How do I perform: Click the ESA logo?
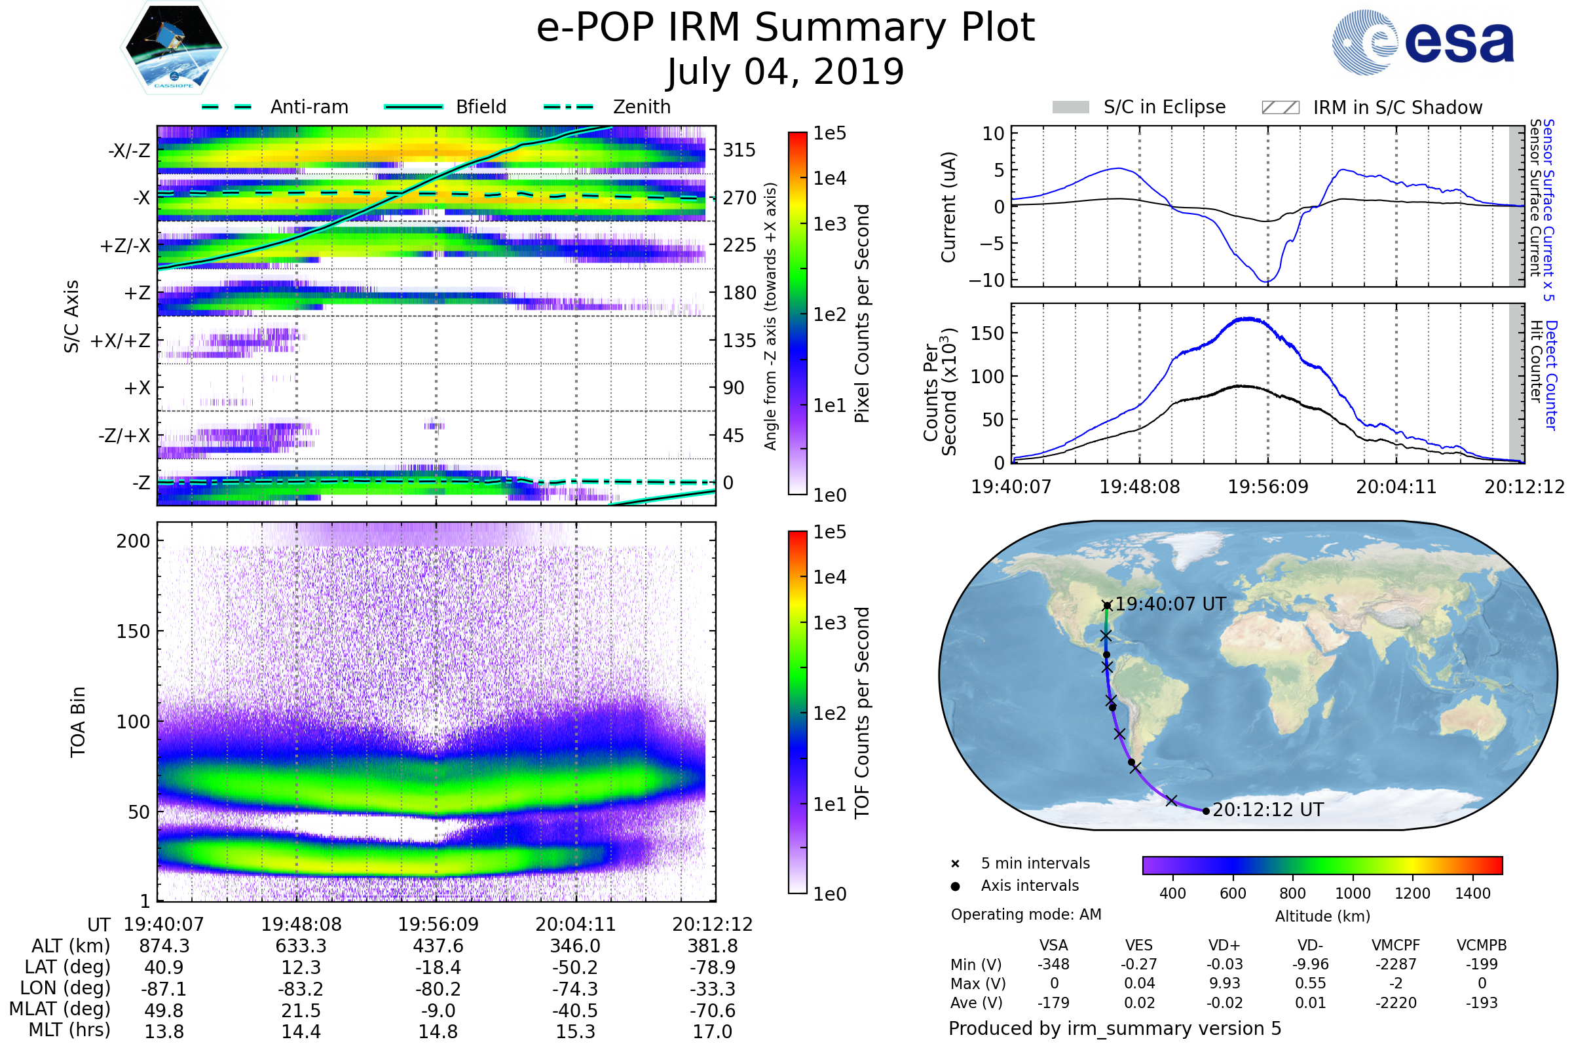point(1423,42)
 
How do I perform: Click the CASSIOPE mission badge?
point(174,47)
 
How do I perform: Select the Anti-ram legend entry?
point(274,107)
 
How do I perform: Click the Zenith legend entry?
point(607,107)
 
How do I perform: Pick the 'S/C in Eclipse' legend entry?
point(1139,107)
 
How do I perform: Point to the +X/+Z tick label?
point(121,341)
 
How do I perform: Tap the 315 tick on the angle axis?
point(739,150)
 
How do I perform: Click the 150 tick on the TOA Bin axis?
point(133,631)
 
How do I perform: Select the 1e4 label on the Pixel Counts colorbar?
point(829,178)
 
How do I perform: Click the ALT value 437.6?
point(438,946)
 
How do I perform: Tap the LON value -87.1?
point(164,988)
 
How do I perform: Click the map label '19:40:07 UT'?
point(1170,604)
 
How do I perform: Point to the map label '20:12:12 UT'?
point(1268,810)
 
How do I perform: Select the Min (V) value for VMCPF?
point(1396,964)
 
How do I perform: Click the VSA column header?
point(1053,946)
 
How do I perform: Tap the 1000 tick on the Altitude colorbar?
point(1353,893)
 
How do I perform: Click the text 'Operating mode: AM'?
point(1026,914)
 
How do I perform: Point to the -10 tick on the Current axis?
point(986,280)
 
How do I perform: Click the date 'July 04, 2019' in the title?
point(785,71)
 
